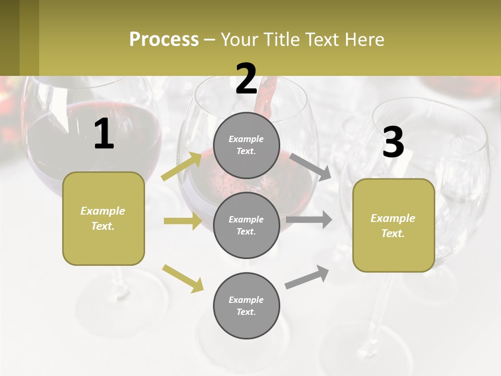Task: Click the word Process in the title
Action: click(164, 40)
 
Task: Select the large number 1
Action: click(104, 134)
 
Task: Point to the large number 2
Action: click(246, 79)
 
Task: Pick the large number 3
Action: click(393, 143)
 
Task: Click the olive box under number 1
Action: click(103, 218)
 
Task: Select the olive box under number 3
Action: click(393, 225)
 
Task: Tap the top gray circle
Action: click(246, 145)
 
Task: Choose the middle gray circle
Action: click(246, 225)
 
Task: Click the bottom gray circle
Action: click(246, 305)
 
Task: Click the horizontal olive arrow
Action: click(183, 221)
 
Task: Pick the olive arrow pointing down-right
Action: click(183, 278)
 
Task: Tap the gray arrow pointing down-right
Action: click(311, 167)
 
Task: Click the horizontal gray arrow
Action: click(308, 219)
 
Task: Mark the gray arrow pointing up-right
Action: click(307, 277)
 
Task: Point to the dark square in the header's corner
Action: click(19, 38)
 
